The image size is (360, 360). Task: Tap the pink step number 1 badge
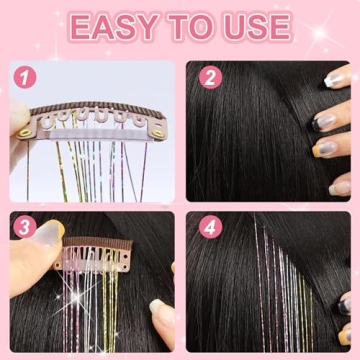(25, 77)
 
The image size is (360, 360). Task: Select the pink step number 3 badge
(25, 227)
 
